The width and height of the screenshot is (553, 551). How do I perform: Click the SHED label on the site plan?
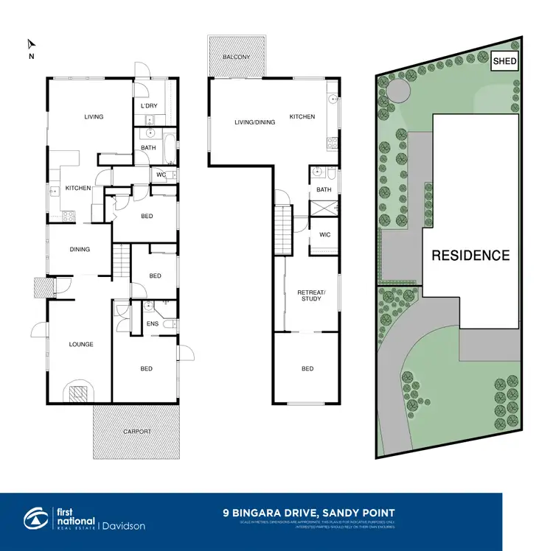pos(504,61)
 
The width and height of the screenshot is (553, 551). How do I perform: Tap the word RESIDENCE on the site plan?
pos(470,256)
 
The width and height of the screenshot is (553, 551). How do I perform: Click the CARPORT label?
pos(137,431)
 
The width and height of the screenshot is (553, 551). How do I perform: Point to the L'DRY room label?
pos(149,106)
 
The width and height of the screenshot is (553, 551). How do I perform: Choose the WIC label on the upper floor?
pos(324,235)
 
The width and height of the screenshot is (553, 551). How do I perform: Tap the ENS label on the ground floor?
pos(153,323)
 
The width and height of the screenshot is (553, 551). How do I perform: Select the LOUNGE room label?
pos(81,344)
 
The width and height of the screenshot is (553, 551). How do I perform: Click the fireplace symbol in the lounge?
pos(78,393)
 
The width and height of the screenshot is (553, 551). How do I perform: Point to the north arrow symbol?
pos(30,46)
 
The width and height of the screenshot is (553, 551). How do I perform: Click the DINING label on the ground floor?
pos(80,249)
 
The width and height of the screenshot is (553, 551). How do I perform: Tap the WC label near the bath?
pos(161,174)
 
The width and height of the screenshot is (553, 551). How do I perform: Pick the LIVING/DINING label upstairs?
pos(255,122)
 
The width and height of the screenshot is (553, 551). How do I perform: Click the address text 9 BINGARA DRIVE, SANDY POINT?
pos(309,513)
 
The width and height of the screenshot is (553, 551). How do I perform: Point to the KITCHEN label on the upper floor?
pos(302,116)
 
